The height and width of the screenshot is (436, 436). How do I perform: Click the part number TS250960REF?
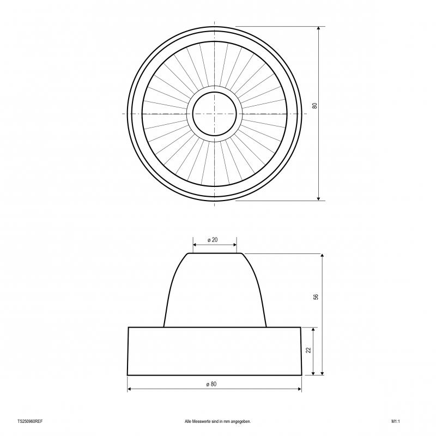coord(30,421)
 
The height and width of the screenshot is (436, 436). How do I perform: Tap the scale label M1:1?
coord(396,421)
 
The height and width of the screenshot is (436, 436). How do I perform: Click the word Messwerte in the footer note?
coord(201,421)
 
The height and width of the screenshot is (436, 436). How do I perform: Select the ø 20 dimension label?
coord(213,240)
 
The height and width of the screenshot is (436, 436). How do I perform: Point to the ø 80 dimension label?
coord(211,384)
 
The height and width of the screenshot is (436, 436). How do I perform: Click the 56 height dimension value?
coord(316,297)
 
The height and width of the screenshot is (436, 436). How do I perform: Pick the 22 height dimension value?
coord(308,350)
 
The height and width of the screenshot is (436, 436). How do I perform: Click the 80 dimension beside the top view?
coord(314,106)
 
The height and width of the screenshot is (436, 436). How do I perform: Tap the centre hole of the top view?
coord(214,114)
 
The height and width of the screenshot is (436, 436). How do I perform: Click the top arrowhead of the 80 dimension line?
coord(319,28)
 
